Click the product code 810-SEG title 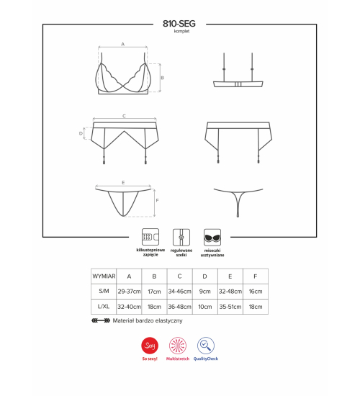[x=179, y=24]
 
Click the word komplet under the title [x=181, y=31]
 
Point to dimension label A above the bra [x=123, y=44]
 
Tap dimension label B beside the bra [x=162, y=78]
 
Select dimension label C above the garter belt [x=124, y=116]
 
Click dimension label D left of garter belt [x=81, y=133]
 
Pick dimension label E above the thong [x=123, y=182]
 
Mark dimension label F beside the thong [x=157, y=201]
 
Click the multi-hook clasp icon [x=150, y=237]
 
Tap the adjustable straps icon [x=181, y=237]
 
